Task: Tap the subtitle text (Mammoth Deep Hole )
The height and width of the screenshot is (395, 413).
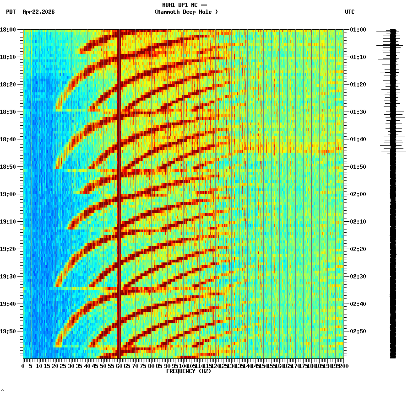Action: point(186,12)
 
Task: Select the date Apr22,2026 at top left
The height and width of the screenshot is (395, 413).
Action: point(38,12)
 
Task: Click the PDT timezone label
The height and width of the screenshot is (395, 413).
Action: point(11,12)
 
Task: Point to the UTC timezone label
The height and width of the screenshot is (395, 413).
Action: point(349,12)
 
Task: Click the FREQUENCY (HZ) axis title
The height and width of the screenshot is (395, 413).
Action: point(188,371)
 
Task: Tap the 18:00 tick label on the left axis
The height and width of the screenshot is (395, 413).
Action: point(8,30)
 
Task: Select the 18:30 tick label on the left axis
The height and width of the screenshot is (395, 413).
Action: point(8,112)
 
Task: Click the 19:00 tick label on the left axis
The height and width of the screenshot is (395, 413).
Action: point(8,194)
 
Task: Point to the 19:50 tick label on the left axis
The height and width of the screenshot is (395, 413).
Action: point(8,331)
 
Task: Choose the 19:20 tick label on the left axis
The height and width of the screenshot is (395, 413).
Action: point(8,249)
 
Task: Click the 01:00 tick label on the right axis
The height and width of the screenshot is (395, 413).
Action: point(358,30)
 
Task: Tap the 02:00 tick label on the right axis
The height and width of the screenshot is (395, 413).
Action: point(358,194)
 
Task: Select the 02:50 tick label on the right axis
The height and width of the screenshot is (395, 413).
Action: point(358,331)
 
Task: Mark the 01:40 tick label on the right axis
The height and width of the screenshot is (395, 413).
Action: point(358,139)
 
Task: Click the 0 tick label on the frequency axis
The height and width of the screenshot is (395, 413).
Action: point(23,366)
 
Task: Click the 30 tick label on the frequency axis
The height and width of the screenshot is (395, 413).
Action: point(71,366)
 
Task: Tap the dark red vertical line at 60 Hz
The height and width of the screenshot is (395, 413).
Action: point(119,192)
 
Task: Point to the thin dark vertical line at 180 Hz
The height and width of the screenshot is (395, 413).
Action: point(311,192)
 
